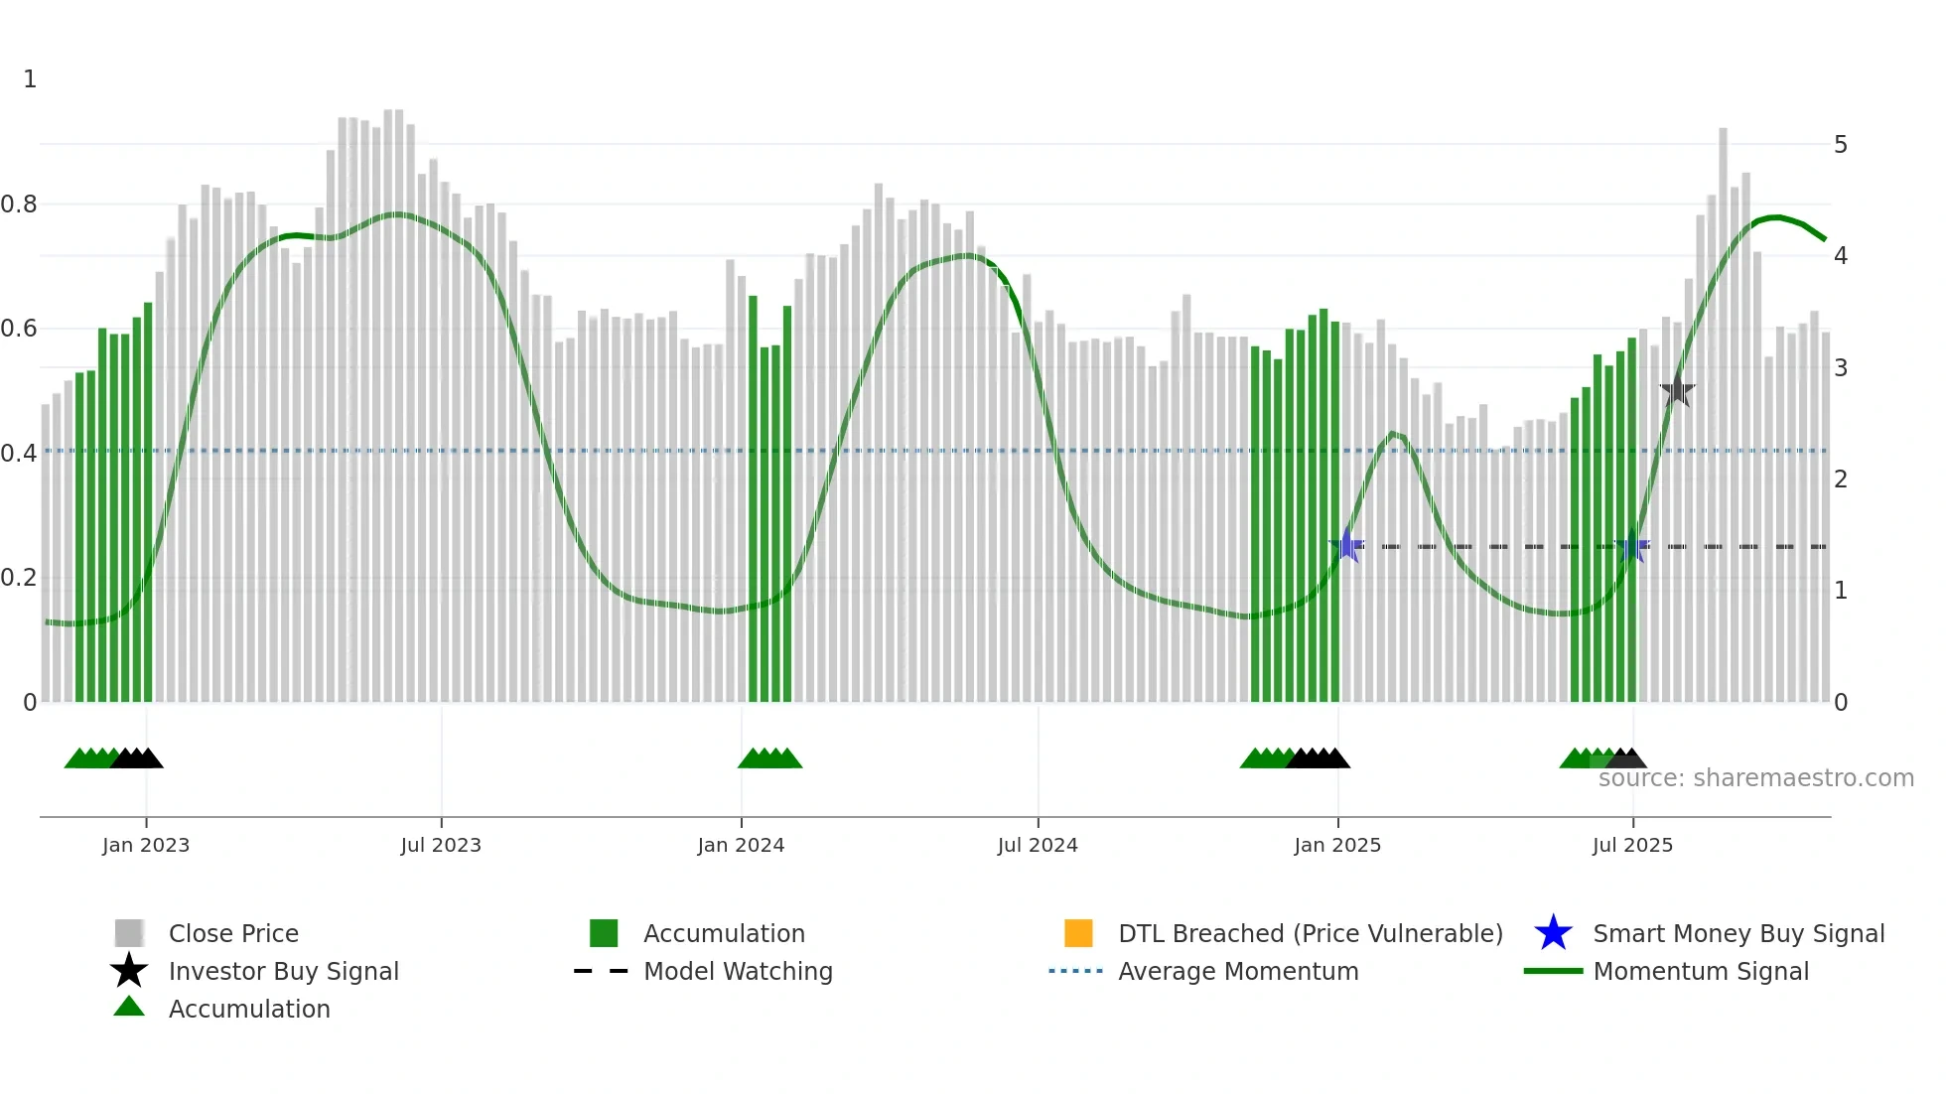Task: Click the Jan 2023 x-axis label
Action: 145,845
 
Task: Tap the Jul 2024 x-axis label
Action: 1038,845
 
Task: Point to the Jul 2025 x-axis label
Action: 1632,845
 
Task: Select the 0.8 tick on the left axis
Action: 19,205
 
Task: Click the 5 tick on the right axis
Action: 1840,145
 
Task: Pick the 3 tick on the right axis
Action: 1840,367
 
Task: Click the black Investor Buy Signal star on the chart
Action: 1677,391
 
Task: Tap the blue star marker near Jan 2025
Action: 1347,545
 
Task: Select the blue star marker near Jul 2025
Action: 1632,546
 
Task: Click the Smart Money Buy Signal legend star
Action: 1553,933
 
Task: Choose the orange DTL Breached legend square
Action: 1078,933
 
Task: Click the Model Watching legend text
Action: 738,971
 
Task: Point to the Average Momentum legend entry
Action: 1237,971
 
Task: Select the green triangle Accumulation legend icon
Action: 129,1008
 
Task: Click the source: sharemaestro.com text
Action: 1755,777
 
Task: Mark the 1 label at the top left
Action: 30,79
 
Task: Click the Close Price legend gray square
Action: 129,933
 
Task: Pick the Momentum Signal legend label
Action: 1700,971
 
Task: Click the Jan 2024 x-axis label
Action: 741,845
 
